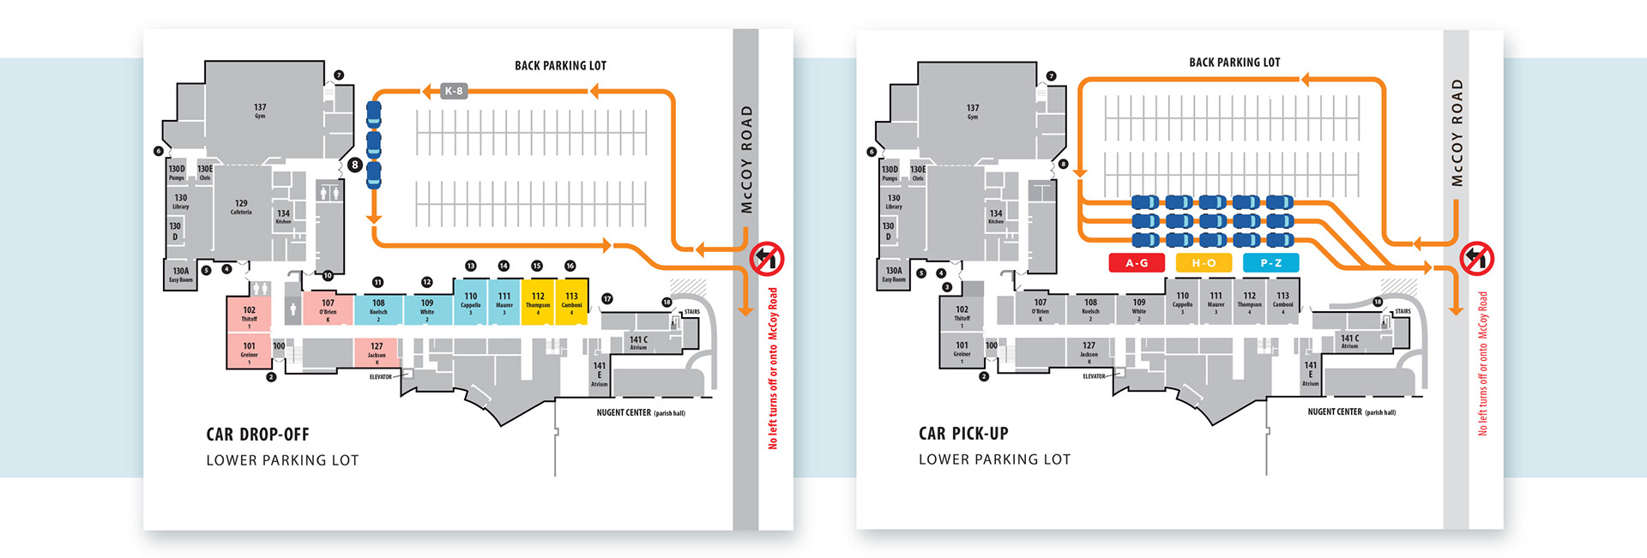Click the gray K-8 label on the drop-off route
(x=454, y=91)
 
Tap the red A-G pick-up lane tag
(x=1137, y=263)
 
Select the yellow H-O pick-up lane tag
(x=1204, y=263)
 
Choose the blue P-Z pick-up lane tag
(x=1270, y=263)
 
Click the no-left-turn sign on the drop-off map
(x=767, y=258)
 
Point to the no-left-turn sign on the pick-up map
(x=1477, y=258)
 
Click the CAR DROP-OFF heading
(x=257, y=435)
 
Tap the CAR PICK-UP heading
(x=963, y=434)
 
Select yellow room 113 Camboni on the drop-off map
(x=571, y=301)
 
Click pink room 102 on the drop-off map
(x=249, y=315)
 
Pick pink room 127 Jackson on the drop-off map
(x=377, y=351)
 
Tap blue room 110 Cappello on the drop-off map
(x=471, y=301)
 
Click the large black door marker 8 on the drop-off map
(x=354, y=165)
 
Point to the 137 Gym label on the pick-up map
(x=973, y=111)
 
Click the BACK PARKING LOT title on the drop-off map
(x=560, y=66)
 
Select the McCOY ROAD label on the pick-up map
(x=1457, y=133)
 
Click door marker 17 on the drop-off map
(x=607, y=299)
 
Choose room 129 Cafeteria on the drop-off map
(x=241, y=207)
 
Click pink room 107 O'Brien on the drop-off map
(x=328, y=308)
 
